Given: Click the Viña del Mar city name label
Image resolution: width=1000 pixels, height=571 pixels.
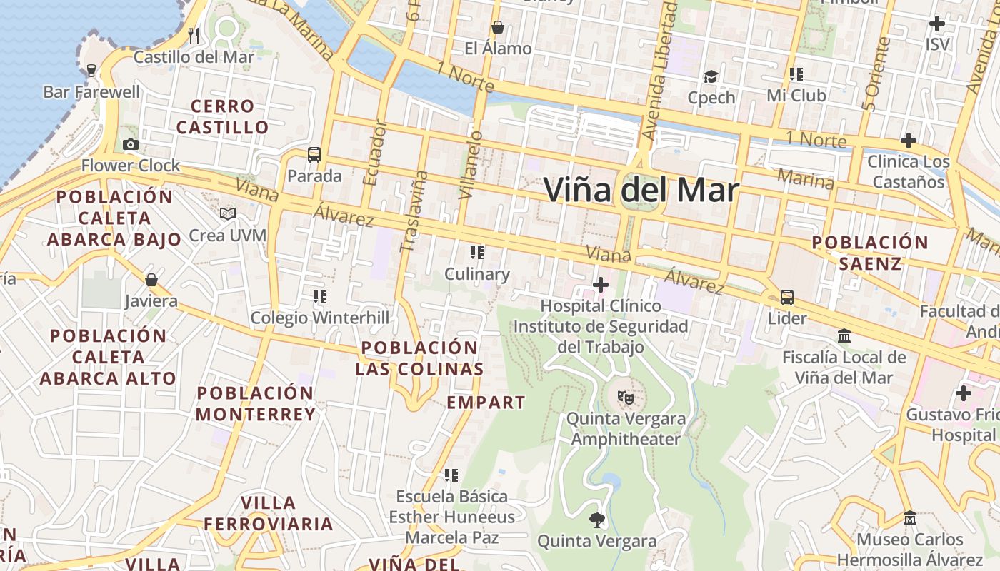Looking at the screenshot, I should point(641,190).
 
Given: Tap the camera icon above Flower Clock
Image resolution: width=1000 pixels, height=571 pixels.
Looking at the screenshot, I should point(130,145).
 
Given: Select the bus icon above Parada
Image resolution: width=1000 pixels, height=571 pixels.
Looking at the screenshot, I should point(314,154).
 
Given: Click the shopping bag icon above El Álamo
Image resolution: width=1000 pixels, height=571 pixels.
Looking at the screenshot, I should point(498,28).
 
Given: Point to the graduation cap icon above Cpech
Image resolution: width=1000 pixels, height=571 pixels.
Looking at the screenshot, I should point(711,76).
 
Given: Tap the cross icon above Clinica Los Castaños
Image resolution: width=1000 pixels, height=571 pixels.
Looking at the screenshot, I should point(908,141).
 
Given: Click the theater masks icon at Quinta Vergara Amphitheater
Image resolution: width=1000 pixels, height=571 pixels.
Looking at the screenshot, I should point(625,397).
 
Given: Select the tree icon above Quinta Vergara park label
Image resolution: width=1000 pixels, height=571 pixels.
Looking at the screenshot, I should point(596,520).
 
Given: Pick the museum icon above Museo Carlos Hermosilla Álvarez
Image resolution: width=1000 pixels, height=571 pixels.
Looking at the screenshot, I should point(909,517).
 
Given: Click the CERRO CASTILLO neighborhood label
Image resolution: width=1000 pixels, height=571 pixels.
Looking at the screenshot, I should point(223,117).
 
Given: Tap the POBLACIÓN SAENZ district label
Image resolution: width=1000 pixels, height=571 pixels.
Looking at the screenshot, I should point(870,253).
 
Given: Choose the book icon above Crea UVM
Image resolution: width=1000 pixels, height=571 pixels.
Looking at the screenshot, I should point(228,213).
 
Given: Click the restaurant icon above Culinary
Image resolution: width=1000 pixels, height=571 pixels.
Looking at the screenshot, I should point(476,253).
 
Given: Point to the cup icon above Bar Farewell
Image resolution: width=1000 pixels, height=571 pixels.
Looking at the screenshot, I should point(91,71).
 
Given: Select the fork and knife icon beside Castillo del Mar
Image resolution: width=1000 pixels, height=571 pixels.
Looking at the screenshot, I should point(193,34).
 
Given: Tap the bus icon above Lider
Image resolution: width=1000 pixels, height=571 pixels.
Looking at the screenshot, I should point(786,297).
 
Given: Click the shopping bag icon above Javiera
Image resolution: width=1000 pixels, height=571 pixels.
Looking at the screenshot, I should point(151,279).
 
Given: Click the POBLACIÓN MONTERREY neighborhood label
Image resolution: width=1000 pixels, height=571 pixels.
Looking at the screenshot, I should point(255,403).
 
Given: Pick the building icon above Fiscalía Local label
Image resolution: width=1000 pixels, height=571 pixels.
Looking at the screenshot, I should point(844,335).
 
